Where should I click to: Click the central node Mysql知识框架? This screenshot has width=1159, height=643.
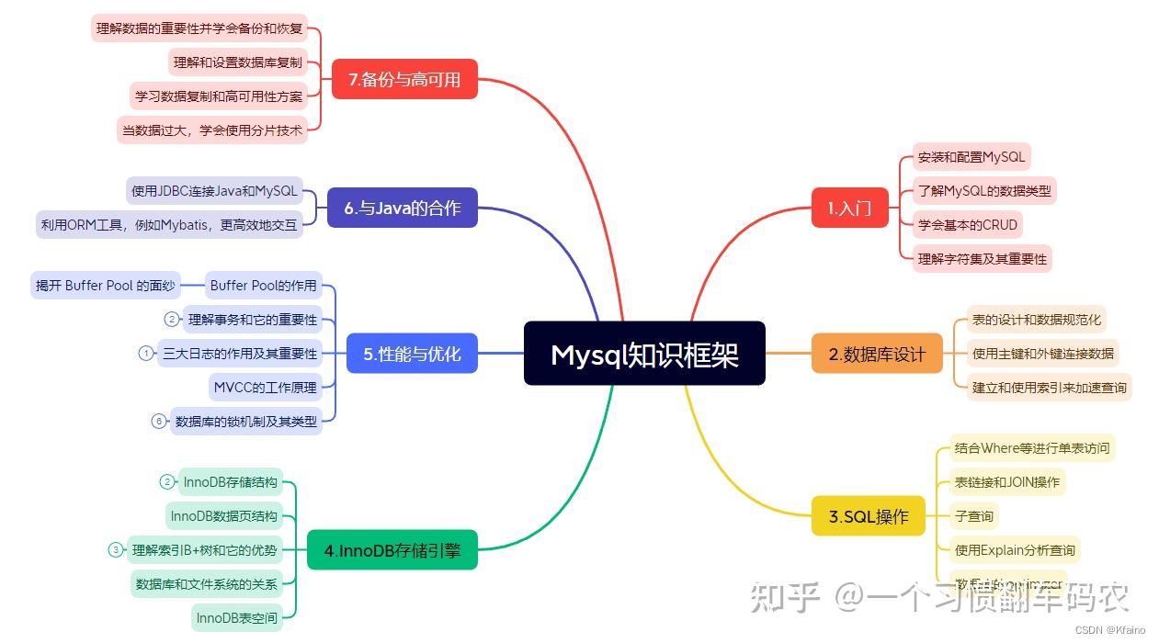[644, 354]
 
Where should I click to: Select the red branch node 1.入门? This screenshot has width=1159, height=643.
[849, 208]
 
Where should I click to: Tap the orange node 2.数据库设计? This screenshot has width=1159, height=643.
[877, 354]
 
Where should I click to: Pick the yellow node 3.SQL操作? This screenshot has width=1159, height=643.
[869, 516]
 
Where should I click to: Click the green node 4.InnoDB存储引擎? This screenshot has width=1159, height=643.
[392, 551]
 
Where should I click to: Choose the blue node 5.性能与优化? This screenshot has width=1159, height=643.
[412, 354]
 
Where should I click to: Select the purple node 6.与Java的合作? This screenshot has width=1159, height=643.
[402, 208]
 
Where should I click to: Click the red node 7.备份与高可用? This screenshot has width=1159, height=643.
[404, 80]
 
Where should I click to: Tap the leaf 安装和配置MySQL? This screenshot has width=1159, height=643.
[971, 157]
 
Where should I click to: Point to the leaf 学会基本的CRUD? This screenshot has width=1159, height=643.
[968, 225]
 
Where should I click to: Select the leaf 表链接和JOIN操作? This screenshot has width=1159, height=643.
[1006, 482]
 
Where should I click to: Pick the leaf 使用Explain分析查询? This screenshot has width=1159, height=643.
[1014, 550]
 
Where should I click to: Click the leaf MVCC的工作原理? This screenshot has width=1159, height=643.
[265, 387]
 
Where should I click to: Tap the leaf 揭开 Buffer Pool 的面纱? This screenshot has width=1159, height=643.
[105, 286]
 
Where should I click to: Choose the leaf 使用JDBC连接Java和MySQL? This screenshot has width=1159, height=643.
[214, 191]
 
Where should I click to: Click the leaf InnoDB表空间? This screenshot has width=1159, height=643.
[236, 618]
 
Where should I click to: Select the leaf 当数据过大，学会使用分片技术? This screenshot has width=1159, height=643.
[212, 130]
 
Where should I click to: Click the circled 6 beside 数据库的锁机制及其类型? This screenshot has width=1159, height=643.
[158, 422]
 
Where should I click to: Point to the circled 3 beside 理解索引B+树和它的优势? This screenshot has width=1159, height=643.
[116, 550]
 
